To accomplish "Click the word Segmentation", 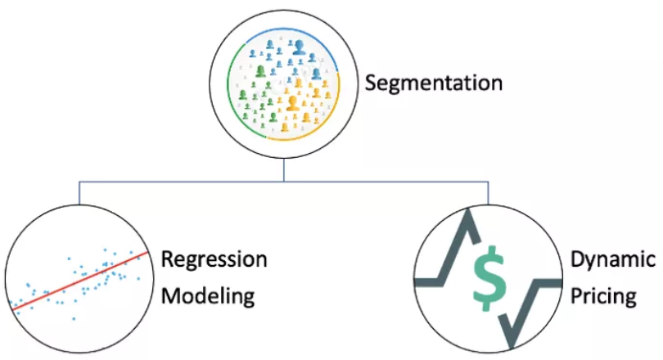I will (x=434, y=83).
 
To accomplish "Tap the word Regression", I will (x=214, y=260).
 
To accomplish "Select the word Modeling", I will (x=208, y=295).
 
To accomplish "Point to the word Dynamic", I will (x=613, y=260).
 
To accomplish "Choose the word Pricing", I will (x=604, y=295).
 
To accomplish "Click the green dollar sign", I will (x=489, y=273).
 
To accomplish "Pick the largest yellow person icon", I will (x=292, y=103).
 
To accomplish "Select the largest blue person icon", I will (x=299, y=48).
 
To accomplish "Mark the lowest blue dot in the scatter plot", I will (x=74, y=317).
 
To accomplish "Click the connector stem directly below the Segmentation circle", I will (x=283, y=170).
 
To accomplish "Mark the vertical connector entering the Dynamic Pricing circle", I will (x=489, y=191).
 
